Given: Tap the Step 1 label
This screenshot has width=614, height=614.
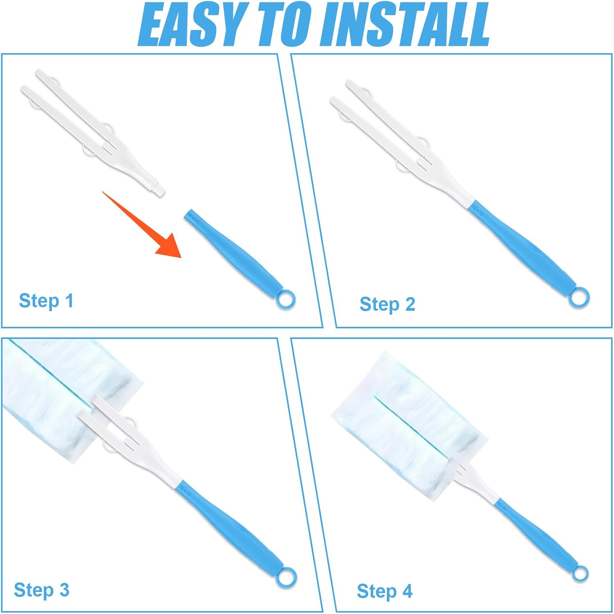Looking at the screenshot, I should coord(46,301).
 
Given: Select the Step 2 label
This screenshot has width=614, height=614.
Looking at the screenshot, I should coord(387,305).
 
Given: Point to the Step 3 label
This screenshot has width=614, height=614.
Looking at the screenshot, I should coord(41,590).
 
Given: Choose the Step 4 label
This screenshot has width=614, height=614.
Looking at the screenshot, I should coord(384,591).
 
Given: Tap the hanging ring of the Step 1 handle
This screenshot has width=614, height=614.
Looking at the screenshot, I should coord(285,299).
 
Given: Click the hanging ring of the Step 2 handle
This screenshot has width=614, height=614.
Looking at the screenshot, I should coord(579,297).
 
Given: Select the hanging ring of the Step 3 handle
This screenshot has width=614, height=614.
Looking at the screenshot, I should coord(286,577).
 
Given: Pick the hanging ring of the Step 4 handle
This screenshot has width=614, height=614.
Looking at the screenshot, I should coord(580,573).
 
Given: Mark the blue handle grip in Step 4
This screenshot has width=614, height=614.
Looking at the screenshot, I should coord(536,536).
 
